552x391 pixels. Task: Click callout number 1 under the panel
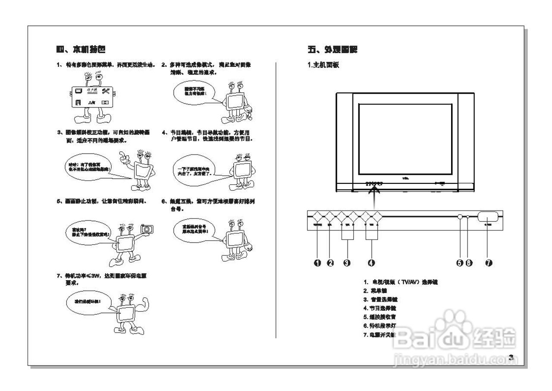pos(317,263)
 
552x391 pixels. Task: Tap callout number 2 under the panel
pos(330,263)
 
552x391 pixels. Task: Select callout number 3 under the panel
pos(347,263)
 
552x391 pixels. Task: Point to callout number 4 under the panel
pos(372,263)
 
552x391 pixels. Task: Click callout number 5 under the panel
pos(460,263)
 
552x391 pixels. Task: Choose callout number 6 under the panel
pos(469,263)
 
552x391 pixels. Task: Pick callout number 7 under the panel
pos(488,263)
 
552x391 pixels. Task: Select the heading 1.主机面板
pos(323,65)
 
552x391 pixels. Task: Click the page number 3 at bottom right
pos(511,357)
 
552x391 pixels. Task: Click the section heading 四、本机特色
pos(81,49)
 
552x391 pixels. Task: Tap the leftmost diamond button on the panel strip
pos(317,217)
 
